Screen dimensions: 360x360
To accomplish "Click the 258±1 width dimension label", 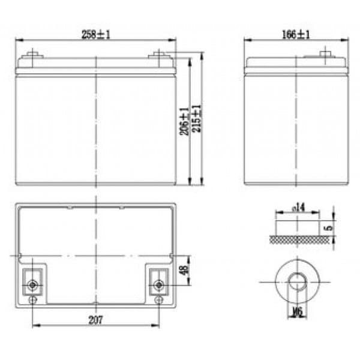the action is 96,35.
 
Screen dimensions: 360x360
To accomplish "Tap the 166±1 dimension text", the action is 296,35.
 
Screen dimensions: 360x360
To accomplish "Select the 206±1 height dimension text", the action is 185,121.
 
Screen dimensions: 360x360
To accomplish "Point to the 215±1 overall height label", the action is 197,118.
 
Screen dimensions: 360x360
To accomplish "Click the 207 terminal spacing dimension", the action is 96,320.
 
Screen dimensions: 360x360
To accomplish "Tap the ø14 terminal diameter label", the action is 298,208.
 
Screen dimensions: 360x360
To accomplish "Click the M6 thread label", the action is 298,312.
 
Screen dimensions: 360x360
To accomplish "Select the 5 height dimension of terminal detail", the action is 329,228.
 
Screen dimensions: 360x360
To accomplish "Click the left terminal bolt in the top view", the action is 32,286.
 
